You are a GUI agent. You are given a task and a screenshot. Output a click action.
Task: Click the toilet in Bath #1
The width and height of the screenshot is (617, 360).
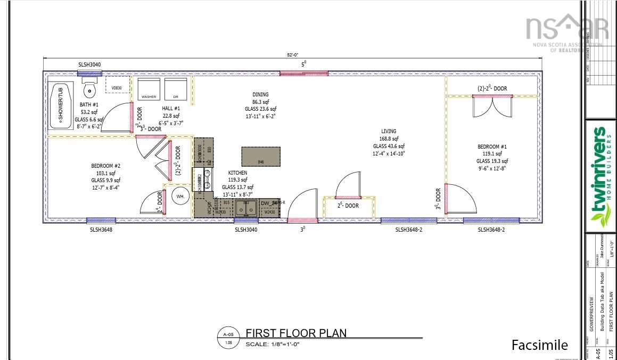(x=89, y=85)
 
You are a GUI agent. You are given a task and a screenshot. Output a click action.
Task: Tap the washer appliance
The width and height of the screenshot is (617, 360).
(x=149, y=88)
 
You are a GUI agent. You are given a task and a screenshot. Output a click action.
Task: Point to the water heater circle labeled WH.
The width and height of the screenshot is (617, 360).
(x=180, y=197)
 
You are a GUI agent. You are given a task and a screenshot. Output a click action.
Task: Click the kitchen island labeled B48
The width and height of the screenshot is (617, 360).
(x=261, y=157)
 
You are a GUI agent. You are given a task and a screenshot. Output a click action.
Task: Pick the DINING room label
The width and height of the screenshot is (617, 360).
(x=260, y=95)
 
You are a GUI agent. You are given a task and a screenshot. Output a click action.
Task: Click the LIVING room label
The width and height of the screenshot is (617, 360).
(x=389, y=131)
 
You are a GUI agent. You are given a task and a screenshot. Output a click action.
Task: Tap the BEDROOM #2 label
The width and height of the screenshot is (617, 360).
(x=106, y=166)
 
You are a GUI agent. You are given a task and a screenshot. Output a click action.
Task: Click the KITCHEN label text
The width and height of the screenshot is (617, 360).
(x=237, y=173)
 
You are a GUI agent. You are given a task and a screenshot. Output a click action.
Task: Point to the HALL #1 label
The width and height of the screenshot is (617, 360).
(x=171, y=108)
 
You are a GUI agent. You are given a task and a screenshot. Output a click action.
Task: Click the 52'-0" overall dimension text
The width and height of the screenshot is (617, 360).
(x=292, y=55)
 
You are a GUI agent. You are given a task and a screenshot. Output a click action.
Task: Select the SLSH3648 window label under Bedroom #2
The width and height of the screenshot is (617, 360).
(x=101, y=230)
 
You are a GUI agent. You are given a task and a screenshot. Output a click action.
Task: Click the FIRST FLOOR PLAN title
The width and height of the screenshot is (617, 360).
(x=296, y=333)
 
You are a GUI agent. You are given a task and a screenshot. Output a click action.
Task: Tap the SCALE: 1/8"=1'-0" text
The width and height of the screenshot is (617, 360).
(x=273, y=345)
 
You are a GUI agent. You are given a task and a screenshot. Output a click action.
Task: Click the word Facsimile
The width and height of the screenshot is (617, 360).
(x=539, y=345)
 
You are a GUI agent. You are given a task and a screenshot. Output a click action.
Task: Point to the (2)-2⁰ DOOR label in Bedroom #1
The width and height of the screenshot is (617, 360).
(x=492, y=88)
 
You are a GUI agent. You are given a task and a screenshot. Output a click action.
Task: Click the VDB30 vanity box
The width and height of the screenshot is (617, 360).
(x=117, y=87)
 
